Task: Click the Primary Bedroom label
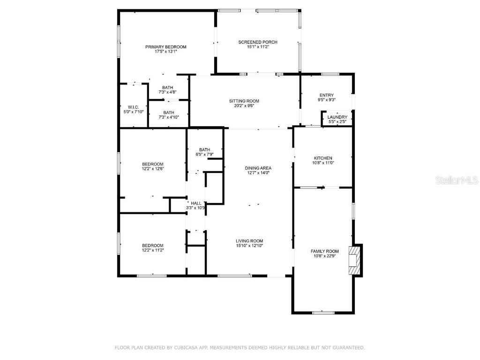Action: pos(165,47)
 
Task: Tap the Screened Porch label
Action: pos(257,42)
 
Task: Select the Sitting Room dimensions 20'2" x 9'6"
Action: pos(244,106)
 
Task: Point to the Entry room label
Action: pos(326,95)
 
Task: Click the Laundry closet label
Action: pos(337,117)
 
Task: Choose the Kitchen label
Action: pos(323,158)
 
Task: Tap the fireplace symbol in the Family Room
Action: pos(355,260)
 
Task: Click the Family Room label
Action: pos(324,251)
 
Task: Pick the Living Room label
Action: pos(249,241)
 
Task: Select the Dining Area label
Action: pos(258,168)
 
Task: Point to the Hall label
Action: pos(196,203)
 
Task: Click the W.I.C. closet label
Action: pos(133,107)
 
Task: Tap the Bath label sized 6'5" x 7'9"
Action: pos(204,150)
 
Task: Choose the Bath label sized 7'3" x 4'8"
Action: pos(168,88)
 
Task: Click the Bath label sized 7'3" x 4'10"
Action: pos(169,112)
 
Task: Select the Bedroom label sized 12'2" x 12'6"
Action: pos(153,164)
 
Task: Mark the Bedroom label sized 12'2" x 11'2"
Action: pos(153,245)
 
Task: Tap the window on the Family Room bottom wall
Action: pos(323,312)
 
